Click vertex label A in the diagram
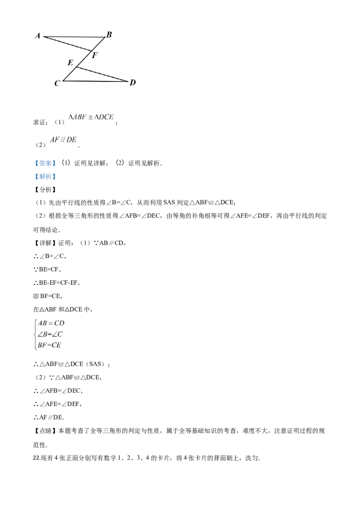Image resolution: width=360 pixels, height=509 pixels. (x=38, y=36)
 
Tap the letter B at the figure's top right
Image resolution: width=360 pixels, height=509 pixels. (x=109, y=35)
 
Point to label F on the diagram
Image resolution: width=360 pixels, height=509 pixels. (x=95, y=55)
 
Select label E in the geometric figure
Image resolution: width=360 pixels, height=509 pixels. (x=71, y=63)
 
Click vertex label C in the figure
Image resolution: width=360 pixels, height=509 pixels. (x=57, y=84)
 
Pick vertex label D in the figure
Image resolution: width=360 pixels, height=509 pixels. (x=133, y=82)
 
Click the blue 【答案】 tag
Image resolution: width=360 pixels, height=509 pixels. (x=45, y=163)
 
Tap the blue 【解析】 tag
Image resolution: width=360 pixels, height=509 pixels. (x=45, y=177)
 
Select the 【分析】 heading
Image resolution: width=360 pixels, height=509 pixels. (x=45, y=190)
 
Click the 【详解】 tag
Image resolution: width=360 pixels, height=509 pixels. (x=45, y=243)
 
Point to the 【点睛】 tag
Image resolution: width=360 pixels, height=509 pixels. (x=45, y=431)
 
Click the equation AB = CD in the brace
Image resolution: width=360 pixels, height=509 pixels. (x=51, y=323)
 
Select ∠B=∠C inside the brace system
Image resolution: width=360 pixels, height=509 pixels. (x=50, y=334)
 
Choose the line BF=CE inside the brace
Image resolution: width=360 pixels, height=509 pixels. (x=49, y=345)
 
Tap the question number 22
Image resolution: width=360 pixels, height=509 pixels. (x=36, y=458)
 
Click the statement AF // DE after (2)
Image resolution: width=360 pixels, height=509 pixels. (x=63, y=139)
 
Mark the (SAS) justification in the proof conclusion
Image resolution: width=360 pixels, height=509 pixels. (x=95, y=364)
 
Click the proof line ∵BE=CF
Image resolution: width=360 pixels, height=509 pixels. (x=47, y=269)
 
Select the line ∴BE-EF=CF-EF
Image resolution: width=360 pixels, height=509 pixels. (x=57, y=283)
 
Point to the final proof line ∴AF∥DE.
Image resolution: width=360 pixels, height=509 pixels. (x=49, y=417)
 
